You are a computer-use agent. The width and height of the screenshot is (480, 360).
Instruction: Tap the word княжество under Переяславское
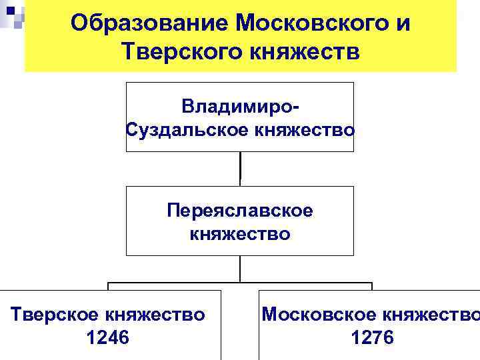pos(240,234)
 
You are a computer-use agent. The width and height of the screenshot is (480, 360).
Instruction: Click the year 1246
pos(108,338)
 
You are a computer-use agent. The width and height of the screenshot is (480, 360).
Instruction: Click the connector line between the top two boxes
pos(240,169)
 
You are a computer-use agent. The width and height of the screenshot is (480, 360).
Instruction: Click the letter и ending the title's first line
pos(402,24)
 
